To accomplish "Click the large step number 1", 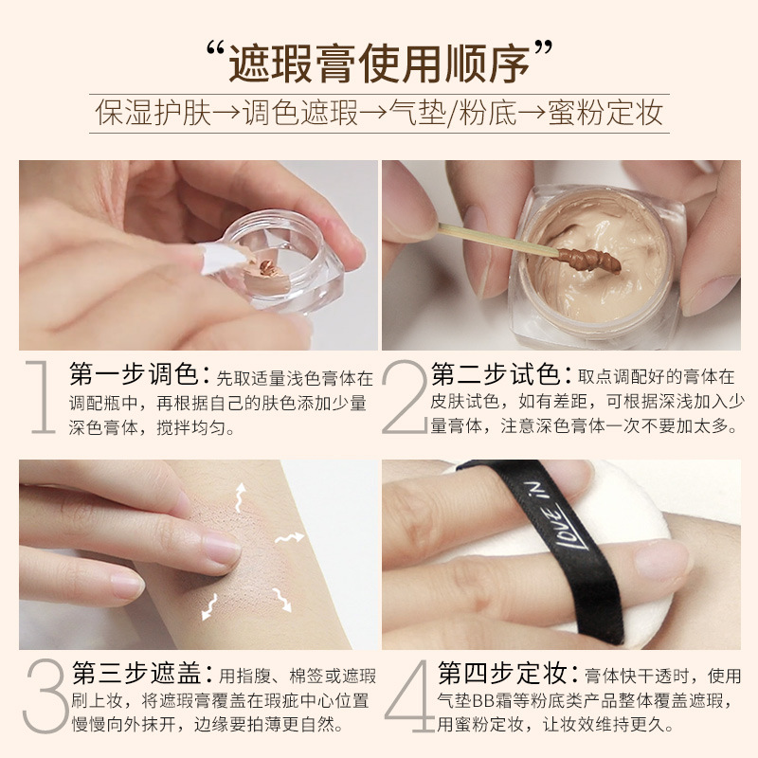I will pos(42,396).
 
